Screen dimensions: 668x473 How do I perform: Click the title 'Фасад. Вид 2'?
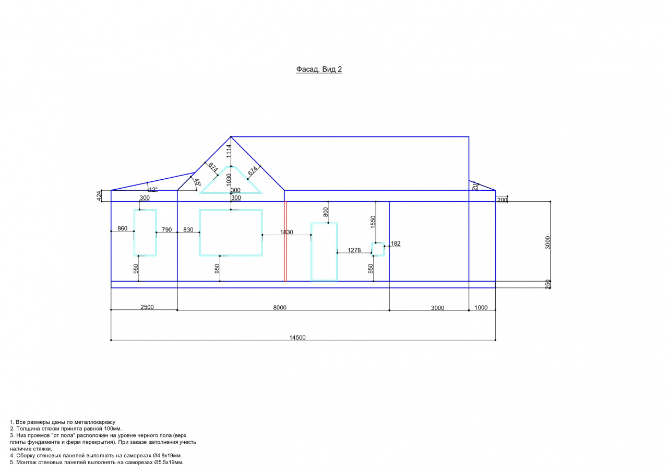click(319, 70)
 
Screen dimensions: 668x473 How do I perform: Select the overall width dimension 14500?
click(297, 338)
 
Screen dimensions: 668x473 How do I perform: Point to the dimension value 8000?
click(280, 307)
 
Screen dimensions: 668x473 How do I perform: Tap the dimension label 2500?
click(147, 307)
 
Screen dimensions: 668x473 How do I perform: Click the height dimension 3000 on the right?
click(547, 243)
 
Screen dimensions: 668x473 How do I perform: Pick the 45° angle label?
click(197, 182)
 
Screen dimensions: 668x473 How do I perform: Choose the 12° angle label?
click(153, 189)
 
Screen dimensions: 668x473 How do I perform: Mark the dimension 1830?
click(287, 232)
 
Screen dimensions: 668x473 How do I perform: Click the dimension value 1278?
click(354, 250)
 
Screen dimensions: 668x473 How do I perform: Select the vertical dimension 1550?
click(373, 222)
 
